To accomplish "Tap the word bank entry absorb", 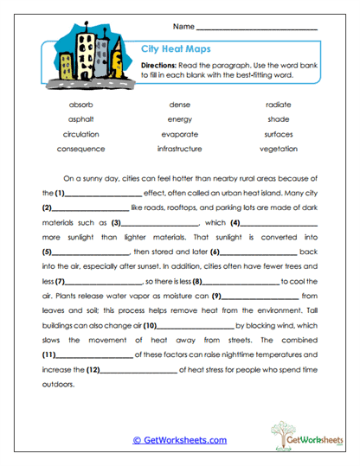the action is (80, 104).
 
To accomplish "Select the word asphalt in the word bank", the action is (80, 119).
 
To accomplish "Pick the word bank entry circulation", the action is (80, 134).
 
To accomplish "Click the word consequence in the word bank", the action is (80, 149).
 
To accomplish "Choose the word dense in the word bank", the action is (180, 104).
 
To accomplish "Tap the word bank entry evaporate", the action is (180, 134).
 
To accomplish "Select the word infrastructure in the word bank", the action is (180, 149).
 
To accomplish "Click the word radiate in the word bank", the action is (279, 104).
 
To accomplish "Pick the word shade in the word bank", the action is (279, 119).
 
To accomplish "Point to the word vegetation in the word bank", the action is (279, 149).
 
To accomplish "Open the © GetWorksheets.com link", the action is (179, 440).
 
